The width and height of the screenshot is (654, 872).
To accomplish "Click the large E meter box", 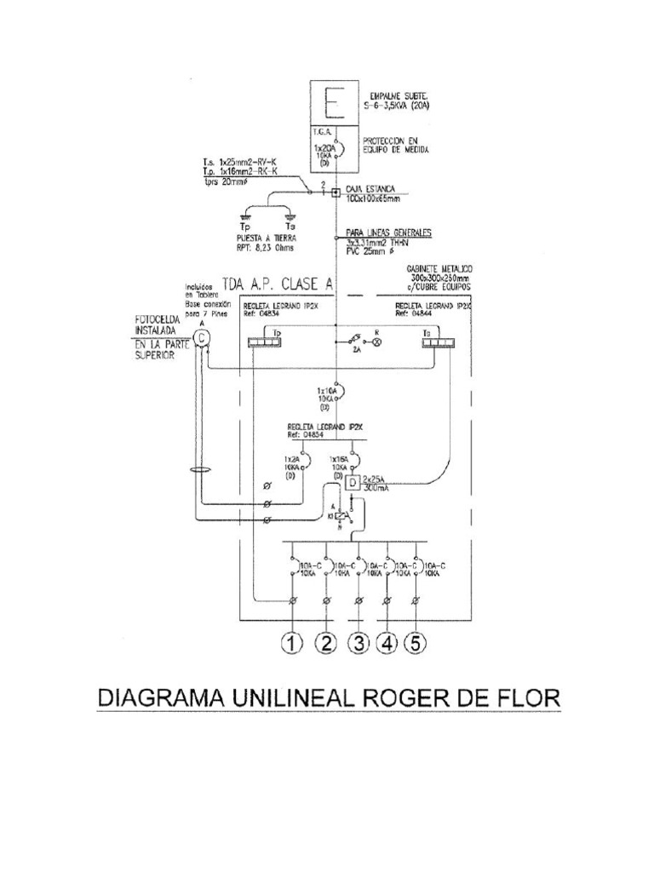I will (x=336, y=107).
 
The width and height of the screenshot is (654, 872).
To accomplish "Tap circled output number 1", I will (x=294, y=644).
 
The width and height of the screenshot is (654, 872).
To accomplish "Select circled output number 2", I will (x=327, y=644).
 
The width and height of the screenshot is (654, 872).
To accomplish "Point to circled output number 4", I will (x=387, y=644).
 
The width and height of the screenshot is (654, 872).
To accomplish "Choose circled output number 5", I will (x=415, y=644).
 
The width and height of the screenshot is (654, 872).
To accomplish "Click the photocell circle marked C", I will (x=200, y=338).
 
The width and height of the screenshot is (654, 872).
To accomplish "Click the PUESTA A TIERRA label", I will (x=266, y=239).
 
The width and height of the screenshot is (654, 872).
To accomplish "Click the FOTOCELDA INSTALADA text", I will (x=155, y=326).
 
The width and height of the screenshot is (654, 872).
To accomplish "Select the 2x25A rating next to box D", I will (x=376, y=479).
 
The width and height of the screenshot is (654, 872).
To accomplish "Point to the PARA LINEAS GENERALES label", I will (x=388, y=232).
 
